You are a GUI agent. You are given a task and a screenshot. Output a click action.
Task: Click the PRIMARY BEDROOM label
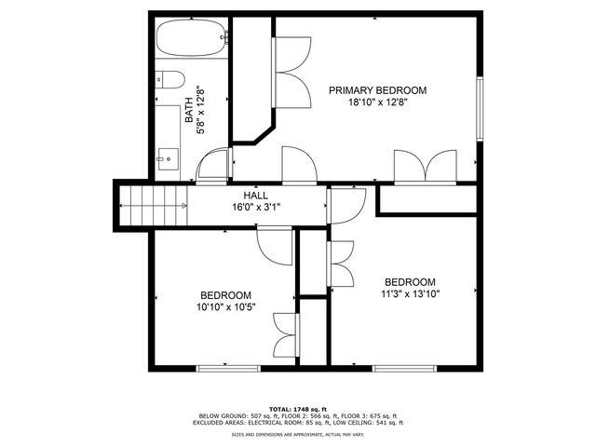(x=377, y=90)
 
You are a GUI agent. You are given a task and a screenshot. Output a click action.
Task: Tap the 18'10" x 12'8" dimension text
(x=377, y=103)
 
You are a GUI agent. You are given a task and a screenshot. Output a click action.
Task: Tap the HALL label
(x=255, y=195)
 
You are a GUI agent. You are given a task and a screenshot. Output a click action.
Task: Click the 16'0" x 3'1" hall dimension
(x=255, y=207)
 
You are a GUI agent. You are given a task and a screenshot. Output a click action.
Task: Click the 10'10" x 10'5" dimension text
(x=226, y=306)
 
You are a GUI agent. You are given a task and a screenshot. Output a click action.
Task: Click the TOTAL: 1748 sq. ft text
(x=298, y=409)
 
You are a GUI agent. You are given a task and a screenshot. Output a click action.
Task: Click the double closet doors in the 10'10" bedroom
(x=285, y=335)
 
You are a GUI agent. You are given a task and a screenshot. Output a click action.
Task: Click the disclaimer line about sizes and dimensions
(x=298, y=435)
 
